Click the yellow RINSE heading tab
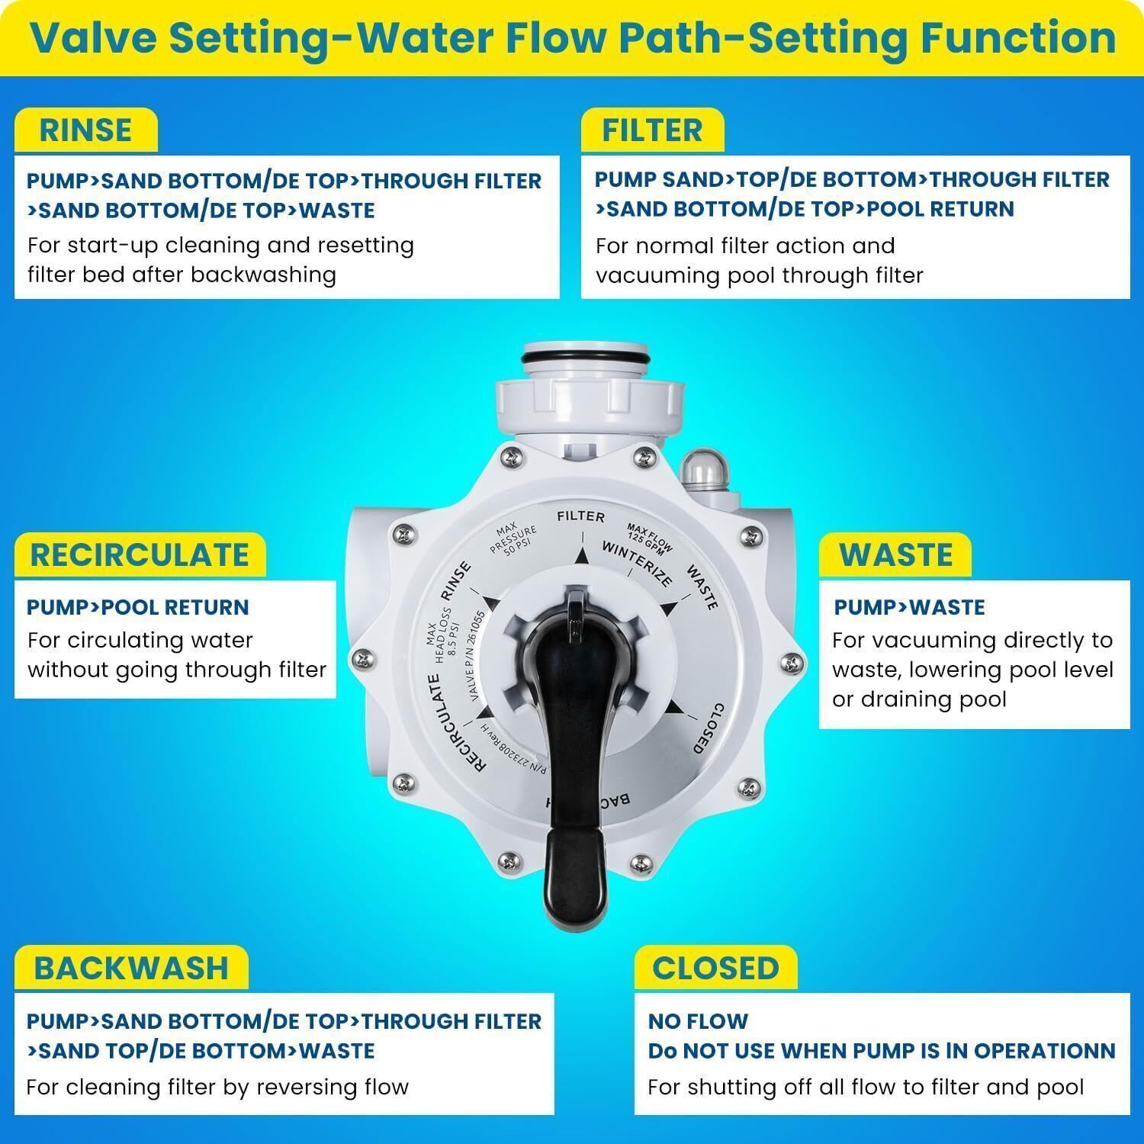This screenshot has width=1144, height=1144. pos(85,130)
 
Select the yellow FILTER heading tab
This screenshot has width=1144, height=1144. pos(652,130)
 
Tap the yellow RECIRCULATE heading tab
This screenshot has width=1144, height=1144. pos(140,554)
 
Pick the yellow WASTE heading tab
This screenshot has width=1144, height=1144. pos(895,554)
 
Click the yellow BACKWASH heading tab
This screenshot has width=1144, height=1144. pos(131,968)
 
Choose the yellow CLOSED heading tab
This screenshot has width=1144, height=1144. pos(715,968)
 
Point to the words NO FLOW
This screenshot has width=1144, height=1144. pos(698,1020)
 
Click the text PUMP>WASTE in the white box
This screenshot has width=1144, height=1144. pos(909,607)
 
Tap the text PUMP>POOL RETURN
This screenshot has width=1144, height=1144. pos(138,607)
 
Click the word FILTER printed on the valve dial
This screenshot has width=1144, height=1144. pos(580,517)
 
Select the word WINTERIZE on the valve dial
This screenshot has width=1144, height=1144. pos(638,564)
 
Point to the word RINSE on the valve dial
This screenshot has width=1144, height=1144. pos(456,583)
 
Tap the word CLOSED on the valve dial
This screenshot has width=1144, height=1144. pos(706,728)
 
